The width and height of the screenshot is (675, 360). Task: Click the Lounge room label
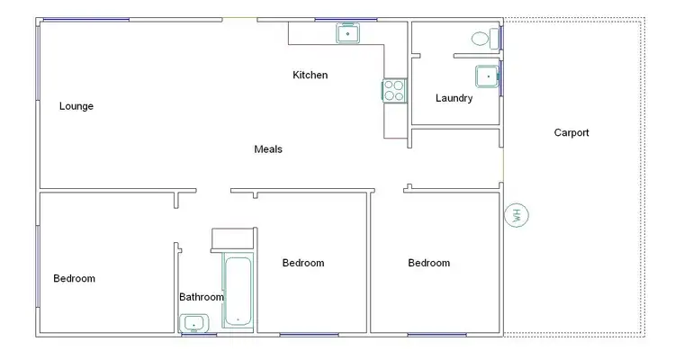76,106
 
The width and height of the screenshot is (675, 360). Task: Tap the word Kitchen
310,76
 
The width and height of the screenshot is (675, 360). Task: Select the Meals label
268,149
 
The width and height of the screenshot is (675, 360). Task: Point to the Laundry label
454,98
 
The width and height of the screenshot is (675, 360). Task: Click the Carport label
571,133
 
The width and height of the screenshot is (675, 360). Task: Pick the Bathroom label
201,296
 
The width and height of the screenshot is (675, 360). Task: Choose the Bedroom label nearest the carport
428,263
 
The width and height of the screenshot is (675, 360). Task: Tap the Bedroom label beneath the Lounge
74,279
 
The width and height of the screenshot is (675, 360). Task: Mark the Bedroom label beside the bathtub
303,263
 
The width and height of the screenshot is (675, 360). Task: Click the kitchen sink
348,34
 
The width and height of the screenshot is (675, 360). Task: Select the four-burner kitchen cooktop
393,90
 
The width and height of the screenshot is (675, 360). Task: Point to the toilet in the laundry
484,39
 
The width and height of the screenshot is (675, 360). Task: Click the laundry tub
487,77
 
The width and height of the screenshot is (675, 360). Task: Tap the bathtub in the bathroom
238,291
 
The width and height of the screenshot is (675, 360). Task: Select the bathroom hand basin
193,323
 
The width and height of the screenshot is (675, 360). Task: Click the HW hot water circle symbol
517,216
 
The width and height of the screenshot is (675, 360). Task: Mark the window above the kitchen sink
346,19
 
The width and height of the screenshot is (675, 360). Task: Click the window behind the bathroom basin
198,335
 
